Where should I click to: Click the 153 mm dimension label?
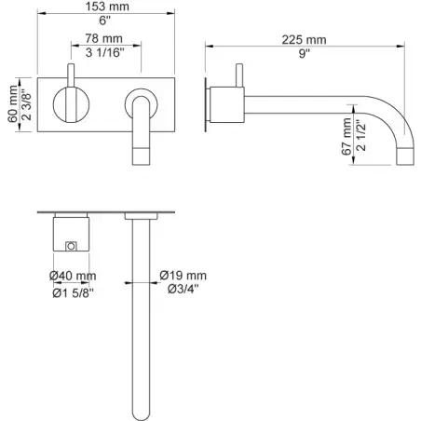[107, 7]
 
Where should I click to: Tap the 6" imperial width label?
[105, 20]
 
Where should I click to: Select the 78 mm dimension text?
[103, 38]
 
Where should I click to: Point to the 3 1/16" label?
[104, 52]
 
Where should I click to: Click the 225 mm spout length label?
[304, 40]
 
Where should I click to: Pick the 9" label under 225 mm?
[305, 53]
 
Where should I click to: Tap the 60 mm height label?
[13, 104]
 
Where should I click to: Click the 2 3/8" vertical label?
[27, 104]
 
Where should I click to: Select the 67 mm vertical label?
[346, 137]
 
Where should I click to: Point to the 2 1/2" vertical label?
[360, 135]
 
